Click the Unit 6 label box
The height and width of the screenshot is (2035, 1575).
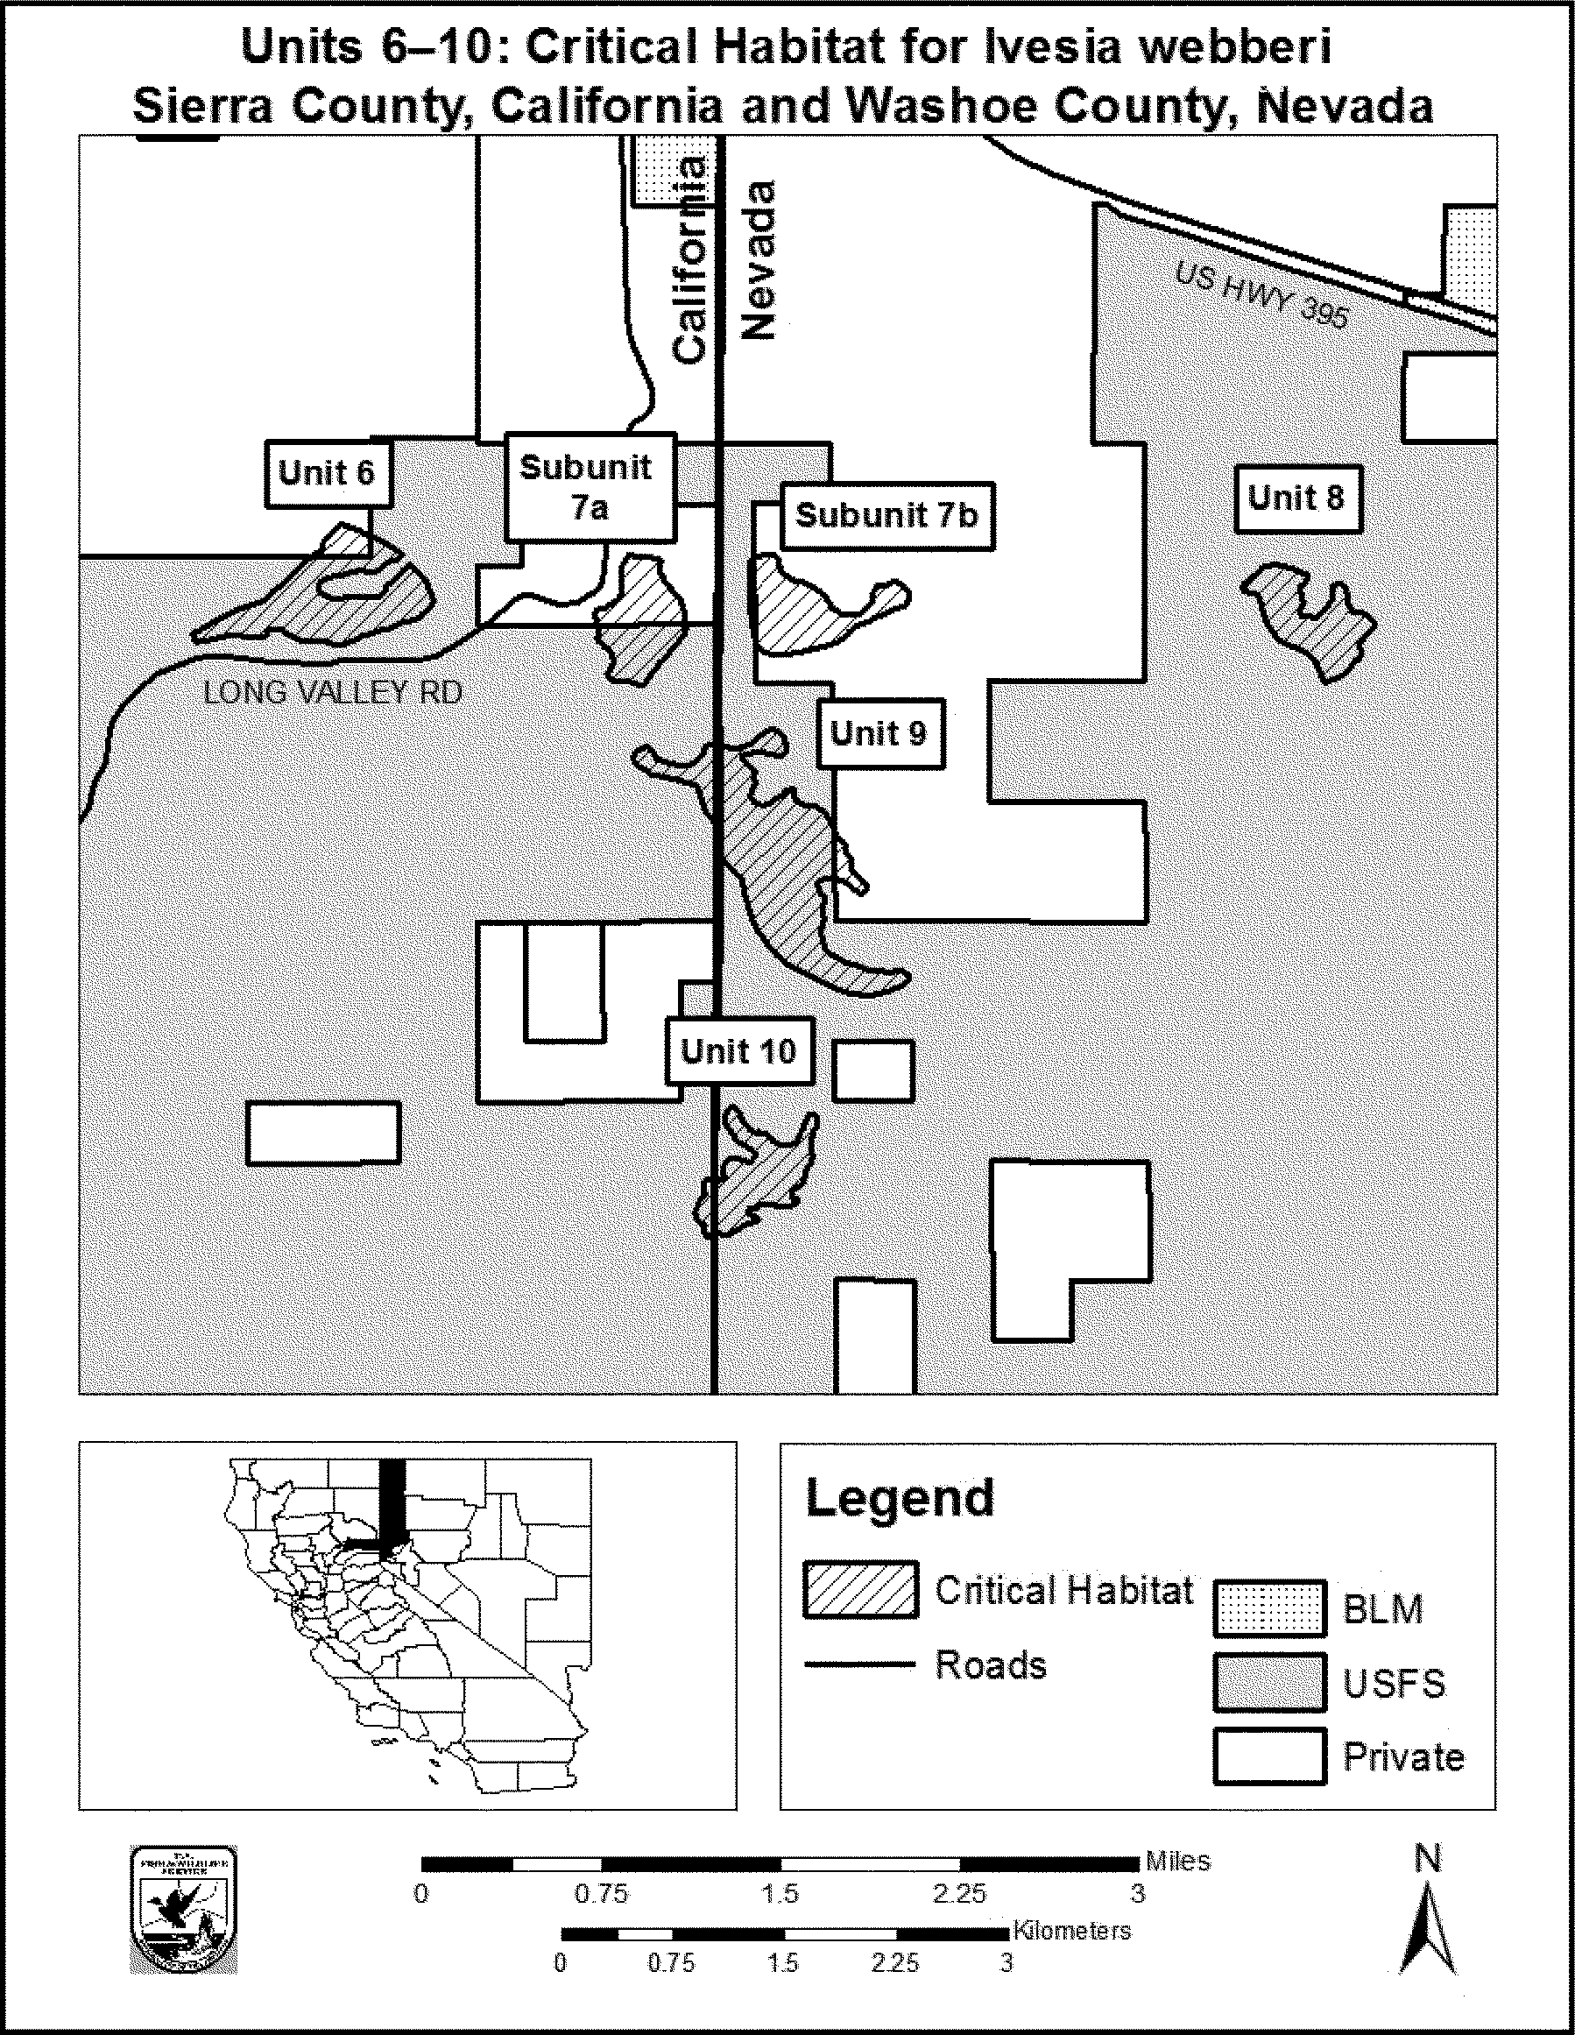327,473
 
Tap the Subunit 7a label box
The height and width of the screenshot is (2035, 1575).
590,487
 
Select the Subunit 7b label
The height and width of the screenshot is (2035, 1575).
887,515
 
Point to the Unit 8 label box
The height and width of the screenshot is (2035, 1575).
1297,498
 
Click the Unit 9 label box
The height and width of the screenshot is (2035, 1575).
879,734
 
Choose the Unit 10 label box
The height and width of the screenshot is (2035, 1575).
739,1052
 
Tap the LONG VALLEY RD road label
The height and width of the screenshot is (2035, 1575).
333,692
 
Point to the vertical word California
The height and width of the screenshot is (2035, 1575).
690,261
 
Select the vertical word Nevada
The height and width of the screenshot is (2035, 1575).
759,261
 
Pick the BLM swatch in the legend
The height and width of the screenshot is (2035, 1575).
1269,1608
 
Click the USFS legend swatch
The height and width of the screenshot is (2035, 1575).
1269,1683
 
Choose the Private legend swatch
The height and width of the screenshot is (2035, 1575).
1269,1756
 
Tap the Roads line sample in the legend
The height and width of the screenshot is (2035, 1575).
859,1664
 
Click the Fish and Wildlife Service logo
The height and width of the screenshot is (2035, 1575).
184,1908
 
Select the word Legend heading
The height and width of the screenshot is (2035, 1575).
901,1499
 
